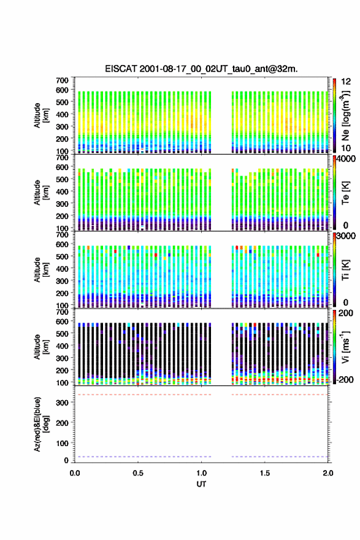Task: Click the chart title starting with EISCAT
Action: coord(201,69)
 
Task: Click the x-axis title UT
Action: coord(201,484)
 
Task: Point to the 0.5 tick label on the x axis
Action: coord(138,473)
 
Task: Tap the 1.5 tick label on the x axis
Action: coord(265,473)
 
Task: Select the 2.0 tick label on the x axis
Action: coord(328,473)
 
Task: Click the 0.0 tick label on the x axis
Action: coord(75,473)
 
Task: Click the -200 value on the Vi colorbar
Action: coord(345,379)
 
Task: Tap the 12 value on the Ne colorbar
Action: coord(346,82)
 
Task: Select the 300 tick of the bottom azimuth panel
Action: coord(63,403)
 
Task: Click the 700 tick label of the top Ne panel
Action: coord(63,80)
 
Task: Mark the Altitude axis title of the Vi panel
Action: coord(41,347)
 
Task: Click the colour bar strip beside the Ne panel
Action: coord(334,115)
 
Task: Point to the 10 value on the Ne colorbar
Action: coord(346,148)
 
